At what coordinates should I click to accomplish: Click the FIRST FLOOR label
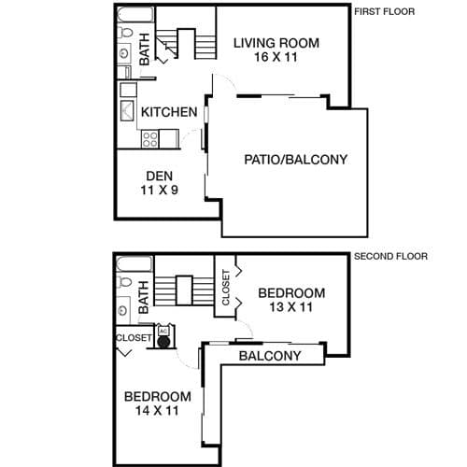pos(385,12)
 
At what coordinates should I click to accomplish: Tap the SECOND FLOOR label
pos(390,257)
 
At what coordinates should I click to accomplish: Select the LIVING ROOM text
pos(276,43)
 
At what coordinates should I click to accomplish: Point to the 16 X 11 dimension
pos(276,57)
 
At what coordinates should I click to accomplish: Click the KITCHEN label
pos(169,112)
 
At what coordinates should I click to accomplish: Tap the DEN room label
pos(160,177)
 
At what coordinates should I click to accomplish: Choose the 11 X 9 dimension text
pos(160,190)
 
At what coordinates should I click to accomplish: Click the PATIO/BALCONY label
pos(295,160)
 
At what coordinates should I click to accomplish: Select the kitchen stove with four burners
pos(150,139)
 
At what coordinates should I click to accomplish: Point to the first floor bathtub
pos(135,14)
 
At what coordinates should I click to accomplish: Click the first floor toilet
pos(124,32)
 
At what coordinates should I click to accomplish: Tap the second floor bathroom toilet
pos(124,282)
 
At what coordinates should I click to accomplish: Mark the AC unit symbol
pos(163,336)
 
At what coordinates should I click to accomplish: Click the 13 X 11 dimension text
pos(290,307)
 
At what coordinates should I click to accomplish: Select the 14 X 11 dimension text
pos(157,411)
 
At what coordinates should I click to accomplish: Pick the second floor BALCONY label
pos(270,356)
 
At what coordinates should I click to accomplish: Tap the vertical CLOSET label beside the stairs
pos(226,288)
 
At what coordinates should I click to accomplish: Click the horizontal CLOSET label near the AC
pos(134,338)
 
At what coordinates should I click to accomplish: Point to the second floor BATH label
pos(144,297)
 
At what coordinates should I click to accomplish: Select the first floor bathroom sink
pos(124,53)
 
